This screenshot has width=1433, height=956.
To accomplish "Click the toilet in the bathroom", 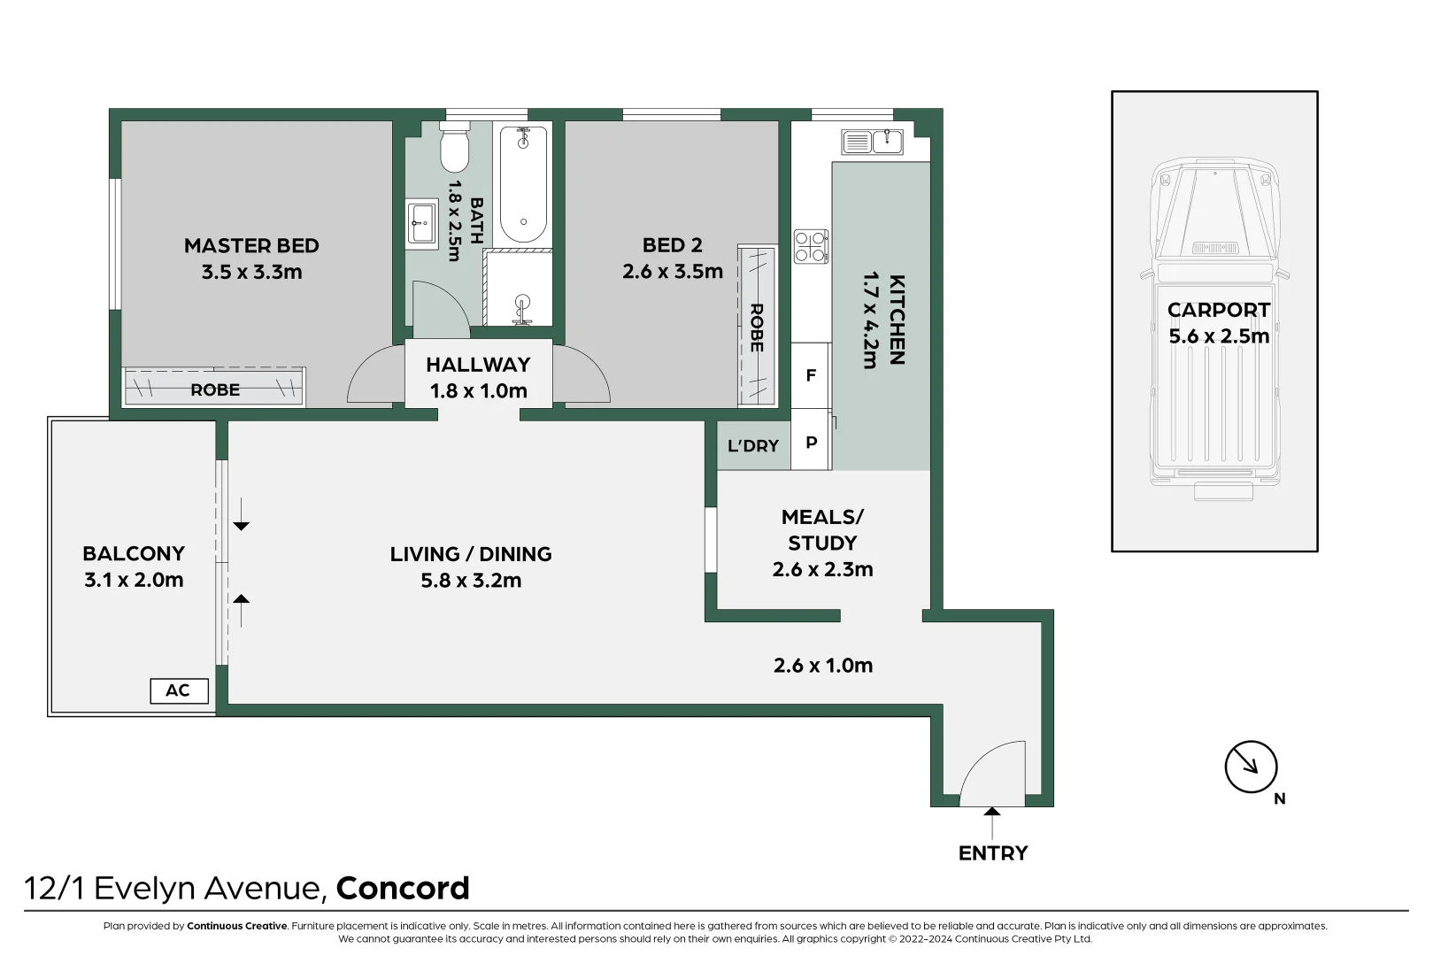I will pos(455,150).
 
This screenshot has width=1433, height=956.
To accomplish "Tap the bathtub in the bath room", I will pos(523,184).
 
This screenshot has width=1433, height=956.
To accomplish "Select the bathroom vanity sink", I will pos(421,223).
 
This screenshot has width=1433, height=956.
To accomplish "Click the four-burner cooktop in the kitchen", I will pos(811,246).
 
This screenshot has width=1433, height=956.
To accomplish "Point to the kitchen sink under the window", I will pos(873,142).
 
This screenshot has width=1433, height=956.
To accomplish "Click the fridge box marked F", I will pos(810,375).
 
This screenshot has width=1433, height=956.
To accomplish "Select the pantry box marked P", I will pos(811,442).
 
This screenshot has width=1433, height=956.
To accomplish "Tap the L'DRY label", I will pos(753,446).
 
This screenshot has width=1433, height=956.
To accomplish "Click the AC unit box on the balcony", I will pos(179,690).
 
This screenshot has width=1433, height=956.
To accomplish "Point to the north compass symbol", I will pos(1251,767).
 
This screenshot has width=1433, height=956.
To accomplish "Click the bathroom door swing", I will pos(439,310).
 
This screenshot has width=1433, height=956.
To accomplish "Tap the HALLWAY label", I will pos(478,365).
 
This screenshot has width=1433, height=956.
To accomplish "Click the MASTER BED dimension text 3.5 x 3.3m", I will pos(251,272).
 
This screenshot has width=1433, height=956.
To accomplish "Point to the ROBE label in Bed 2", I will pos(757,328).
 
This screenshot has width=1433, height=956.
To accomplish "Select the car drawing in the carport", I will pos(1215,328).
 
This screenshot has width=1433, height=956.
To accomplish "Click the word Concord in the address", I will pos(403,888).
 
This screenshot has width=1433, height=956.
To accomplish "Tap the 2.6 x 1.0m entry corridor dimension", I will pos(823,666).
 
